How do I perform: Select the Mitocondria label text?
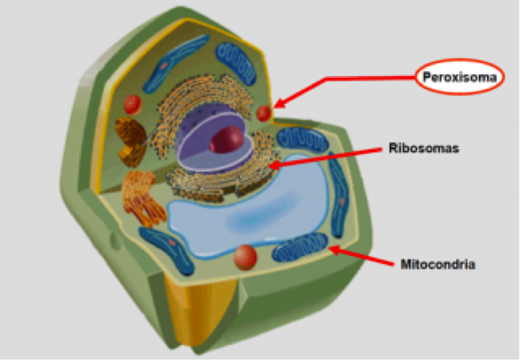coord(437,264)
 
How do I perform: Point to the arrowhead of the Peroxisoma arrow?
coord(277,104)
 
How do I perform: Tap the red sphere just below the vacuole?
coord(244,258)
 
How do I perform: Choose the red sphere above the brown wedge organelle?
coord(133,104)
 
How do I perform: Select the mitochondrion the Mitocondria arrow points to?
coord(300,248)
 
